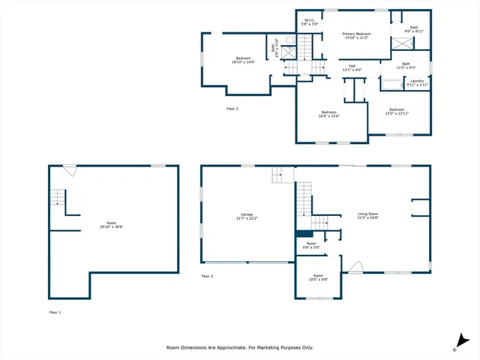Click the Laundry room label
point(418,82)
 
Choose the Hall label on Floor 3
point(351,68)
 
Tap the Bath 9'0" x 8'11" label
point(415,29)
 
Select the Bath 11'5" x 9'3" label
point(406,66)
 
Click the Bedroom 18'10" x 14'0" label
point(243,61)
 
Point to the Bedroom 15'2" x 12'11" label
point(397,112)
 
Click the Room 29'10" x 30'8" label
point(111,224)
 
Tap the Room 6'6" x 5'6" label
point(311,245)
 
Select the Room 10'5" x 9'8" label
point(319,277)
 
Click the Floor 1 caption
point(55,312)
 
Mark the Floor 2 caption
point(208,276)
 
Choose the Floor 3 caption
point(232,109)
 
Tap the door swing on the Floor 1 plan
point(69,170)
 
